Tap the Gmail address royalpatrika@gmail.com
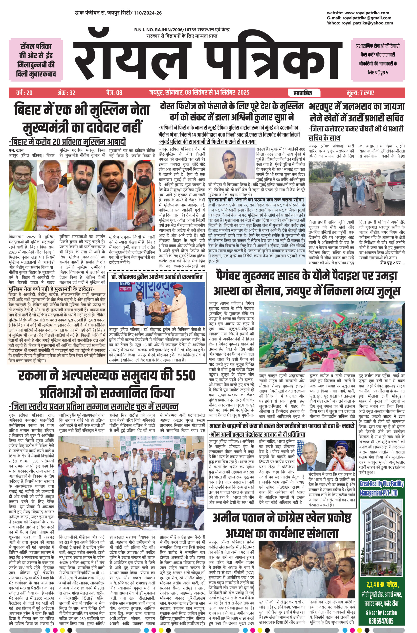367,18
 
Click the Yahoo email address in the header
368,23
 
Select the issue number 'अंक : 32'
66,93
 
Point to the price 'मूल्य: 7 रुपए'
360,93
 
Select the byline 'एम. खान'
16,151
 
